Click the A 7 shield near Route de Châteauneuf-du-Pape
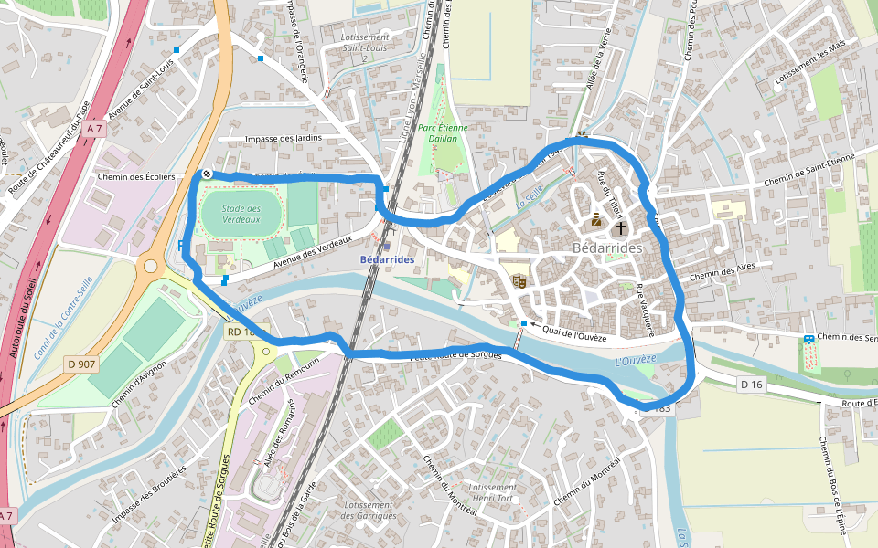[94, 130]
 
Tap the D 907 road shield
[82, 364]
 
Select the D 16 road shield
[751, 385]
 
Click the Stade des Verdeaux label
[241, 214]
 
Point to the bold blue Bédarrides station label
[388, 259]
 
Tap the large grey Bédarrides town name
[607, 248]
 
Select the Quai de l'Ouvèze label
[574, 337]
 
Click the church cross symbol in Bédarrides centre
[621, 227]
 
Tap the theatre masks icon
[519, 281]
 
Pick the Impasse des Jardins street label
[284, 139]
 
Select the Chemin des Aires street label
[719, 274]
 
